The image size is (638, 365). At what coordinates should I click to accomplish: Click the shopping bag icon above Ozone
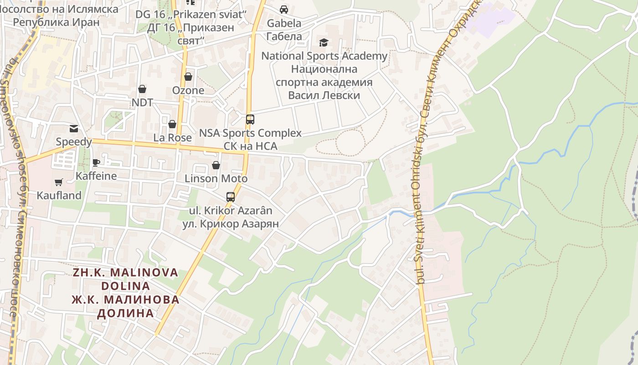click(x=188, y=77)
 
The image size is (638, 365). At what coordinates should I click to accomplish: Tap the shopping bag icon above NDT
click(x=142, y=89)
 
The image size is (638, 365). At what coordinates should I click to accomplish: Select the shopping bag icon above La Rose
click(x=172, y=124)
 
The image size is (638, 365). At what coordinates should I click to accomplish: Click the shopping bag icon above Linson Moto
click(x=216, y=165)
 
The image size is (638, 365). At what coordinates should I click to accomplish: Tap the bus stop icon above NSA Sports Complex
click(x=250, y=120)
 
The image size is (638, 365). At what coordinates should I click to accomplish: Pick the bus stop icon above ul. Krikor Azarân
click(x=231, y=197)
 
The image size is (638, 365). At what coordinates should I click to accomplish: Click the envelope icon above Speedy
click(x=74, y=129)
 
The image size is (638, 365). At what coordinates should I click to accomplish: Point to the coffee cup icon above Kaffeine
click(x=96, y=163)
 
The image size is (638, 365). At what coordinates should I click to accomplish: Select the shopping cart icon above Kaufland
click(x=59, y=182)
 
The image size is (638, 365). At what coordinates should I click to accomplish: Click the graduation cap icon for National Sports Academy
click(x=324, y=42)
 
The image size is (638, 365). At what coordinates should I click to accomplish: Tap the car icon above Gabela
click(x=284, y=10)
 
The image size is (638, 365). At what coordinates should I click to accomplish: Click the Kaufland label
click(x=59, y=195)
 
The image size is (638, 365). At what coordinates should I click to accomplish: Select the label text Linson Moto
click(x=216, y=178)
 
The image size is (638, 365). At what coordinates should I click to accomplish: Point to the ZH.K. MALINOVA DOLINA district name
click(x=126, y=279)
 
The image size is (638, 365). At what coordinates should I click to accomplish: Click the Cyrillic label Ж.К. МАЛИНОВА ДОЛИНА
click(x=126, y=306)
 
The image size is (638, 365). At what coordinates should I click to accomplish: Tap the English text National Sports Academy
click(x=324, y=56)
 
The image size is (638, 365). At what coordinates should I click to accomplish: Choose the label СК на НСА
click(x=250, y=146)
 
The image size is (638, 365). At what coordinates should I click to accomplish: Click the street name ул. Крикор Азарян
click(x=231, y=224)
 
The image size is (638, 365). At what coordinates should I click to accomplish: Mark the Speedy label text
click(x=74, y=142)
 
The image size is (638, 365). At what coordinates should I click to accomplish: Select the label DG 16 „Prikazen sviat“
click(x=191, y=14)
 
